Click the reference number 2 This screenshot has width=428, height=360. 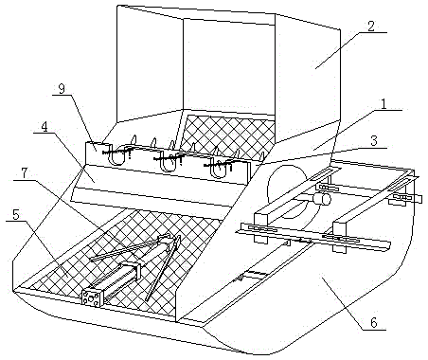371,26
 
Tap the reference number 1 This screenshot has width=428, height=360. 383,104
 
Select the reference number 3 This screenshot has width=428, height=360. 374,140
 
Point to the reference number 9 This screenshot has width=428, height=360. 62,89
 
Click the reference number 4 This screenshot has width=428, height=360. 45,127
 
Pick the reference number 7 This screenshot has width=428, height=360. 25,173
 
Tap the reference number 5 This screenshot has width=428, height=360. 16,215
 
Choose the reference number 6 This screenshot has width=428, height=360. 374,323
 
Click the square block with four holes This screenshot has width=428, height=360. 92,297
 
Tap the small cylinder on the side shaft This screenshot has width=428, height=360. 322,199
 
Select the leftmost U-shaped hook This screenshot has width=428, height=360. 117,154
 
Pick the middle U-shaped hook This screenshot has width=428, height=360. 167,161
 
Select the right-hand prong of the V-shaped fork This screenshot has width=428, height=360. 163,268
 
